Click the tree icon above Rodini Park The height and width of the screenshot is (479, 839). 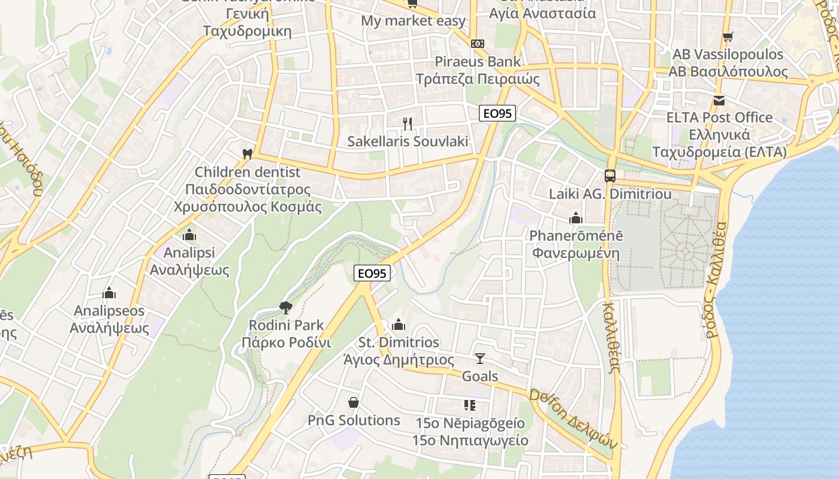pyautogui.click(x=286, y=308)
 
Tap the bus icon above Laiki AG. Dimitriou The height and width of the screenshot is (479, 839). pyautogui.click(x=610, y=176)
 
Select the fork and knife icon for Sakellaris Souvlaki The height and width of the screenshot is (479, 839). pyautogui.click(x=408, y=124)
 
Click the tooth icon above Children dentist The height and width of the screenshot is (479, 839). pyautogui.click(x=247, y=154)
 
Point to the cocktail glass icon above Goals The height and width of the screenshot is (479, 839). pyautogui.click(x=479, y=358)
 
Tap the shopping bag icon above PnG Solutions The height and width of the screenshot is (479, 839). pyautogui.click(x=354, y=402)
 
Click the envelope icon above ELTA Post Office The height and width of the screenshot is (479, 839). pyautogui.click(x=719, y=100)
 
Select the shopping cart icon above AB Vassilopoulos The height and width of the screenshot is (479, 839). pyautogui.click(x=728, y=37)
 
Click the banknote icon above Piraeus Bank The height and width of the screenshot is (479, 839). pyautogui.click(x=478, y=44)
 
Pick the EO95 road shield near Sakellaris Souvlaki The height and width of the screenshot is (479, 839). pyautogui.click(x=497, y=113)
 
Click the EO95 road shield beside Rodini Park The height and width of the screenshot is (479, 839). pyautogui.click(x=372, y=274)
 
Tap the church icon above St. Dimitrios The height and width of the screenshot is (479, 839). pyautogui.click(x=399, y=325)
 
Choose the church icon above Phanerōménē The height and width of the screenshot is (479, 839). pyautogui.click(x=576, y=218)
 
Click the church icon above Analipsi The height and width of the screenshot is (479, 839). pyautogui.click(x=189, y=235)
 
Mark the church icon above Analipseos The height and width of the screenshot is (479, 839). pyautogui.click(x=109, y=293)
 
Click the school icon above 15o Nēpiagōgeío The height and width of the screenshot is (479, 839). pyautogui.click(x=470, y=405)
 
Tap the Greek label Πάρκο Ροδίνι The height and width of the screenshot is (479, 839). pyautogui.click(x=286, y=343)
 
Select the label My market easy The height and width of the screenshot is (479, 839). pyautogui.click(x=413, y=21)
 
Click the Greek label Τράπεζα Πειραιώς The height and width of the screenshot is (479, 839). pyautogui.click(x=478, y=79)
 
